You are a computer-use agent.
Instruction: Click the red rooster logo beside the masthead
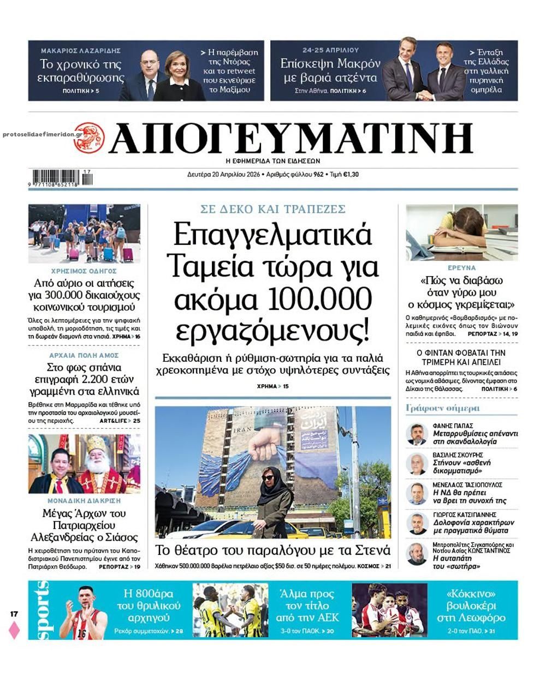89,137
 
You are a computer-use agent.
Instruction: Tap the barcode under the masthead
62,178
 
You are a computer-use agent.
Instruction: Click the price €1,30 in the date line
351,175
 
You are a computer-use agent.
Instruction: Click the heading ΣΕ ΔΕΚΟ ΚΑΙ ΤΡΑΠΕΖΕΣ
272,209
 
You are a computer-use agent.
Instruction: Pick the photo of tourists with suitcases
84,233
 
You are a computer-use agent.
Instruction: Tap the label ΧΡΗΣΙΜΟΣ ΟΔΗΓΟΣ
84,271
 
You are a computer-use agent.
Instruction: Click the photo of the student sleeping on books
461,232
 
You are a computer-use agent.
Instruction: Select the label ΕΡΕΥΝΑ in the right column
461,268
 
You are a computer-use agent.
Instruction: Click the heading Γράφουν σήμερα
435,408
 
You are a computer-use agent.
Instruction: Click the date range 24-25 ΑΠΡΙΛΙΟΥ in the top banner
330,50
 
